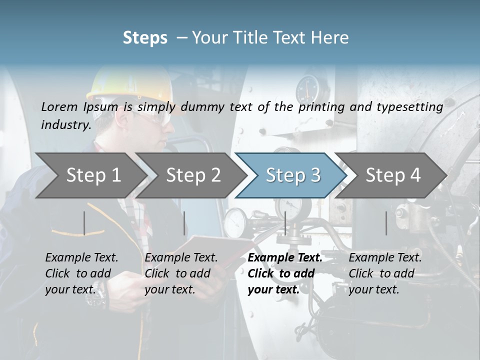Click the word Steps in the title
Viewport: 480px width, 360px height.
[145, 38]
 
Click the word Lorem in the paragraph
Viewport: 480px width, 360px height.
[58, 106]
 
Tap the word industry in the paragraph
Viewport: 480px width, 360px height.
[65, 124]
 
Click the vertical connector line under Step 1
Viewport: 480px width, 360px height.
[84, 223]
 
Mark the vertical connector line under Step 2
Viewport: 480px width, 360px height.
[184, 223]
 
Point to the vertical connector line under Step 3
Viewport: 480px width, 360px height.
[285, 223]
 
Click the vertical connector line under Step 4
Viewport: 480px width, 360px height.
[386, 223]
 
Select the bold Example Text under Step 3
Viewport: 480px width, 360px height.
[285, 258]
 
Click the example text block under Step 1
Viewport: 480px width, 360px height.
[81, 273]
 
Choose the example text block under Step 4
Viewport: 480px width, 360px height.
[385, 273]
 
